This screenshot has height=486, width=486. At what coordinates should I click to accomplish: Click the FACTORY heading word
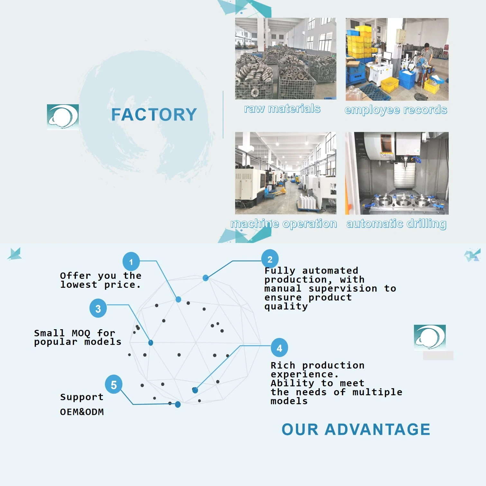click(x=154, y=115)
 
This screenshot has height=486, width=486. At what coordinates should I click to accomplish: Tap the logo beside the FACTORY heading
click(x=63, y=117)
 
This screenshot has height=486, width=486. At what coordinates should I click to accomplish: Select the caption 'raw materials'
click(x=282, y=109)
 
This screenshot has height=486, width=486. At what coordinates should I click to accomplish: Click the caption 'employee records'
click(x=396, y=110)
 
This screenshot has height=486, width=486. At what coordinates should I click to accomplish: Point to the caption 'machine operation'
click(x=284, y=223)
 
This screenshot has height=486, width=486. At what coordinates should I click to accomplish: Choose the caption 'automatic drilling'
click(x=396, y=223)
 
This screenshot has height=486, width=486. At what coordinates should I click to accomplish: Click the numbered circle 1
click(x=131, y=261)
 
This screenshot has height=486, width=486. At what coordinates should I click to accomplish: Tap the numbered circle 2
click(x=270, y=259)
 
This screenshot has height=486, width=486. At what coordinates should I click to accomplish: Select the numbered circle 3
click(x=98, y=308)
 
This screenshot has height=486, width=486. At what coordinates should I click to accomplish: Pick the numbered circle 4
click(x=279, y=347)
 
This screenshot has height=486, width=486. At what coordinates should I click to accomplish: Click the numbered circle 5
click(x=114, y=384)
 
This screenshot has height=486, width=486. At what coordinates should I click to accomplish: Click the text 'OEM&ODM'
click(x=82, y=412)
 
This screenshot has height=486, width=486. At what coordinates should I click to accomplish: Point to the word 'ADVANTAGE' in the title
click(x=377, y=429)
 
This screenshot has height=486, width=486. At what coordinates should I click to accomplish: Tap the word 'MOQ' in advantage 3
click(x=81, y=333)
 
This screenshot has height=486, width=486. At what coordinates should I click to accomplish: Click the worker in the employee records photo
click(x=427, y=55)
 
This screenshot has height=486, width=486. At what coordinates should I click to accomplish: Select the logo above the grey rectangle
click(x=430, y=337)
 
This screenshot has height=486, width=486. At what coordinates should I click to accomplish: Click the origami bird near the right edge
click(x=472, y=255)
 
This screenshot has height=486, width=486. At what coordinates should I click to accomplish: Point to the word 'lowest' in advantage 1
click(x=79, y=285)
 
